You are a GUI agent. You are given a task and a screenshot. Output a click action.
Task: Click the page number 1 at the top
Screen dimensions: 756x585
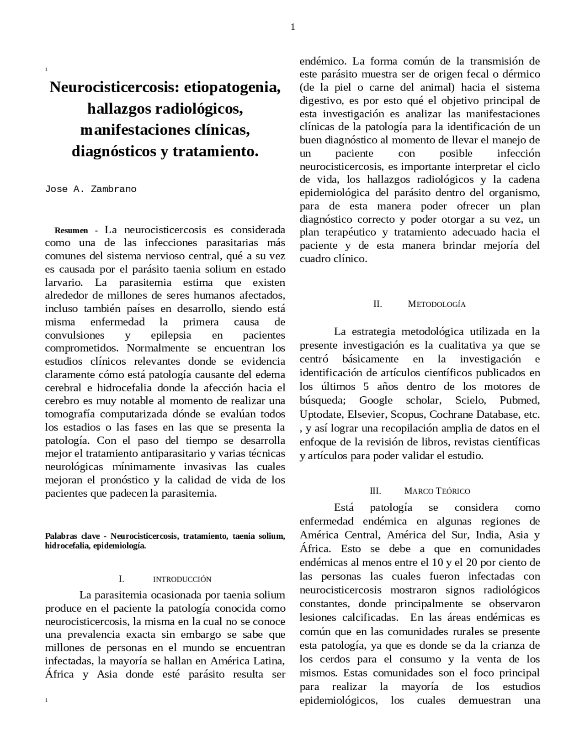click(x=292, y=27)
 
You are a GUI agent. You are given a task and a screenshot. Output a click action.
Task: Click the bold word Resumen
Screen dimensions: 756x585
click(x=71, y=230)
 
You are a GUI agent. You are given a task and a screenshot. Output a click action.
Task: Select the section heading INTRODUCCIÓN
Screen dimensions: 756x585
click(x=182, y=579)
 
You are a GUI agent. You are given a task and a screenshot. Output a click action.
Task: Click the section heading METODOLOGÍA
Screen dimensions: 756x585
click(x=436, y=304)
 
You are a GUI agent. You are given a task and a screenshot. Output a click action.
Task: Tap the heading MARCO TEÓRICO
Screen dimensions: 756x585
click(x=437, y=491)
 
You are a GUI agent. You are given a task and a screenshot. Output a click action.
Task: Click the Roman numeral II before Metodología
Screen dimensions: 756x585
click(x=378, y=304)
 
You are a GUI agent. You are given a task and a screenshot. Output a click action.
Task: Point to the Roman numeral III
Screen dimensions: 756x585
click(x=375, y=491)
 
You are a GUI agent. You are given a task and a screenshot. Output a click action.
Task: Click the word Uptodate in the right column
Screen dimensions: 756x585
click(x=321, y=415)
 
